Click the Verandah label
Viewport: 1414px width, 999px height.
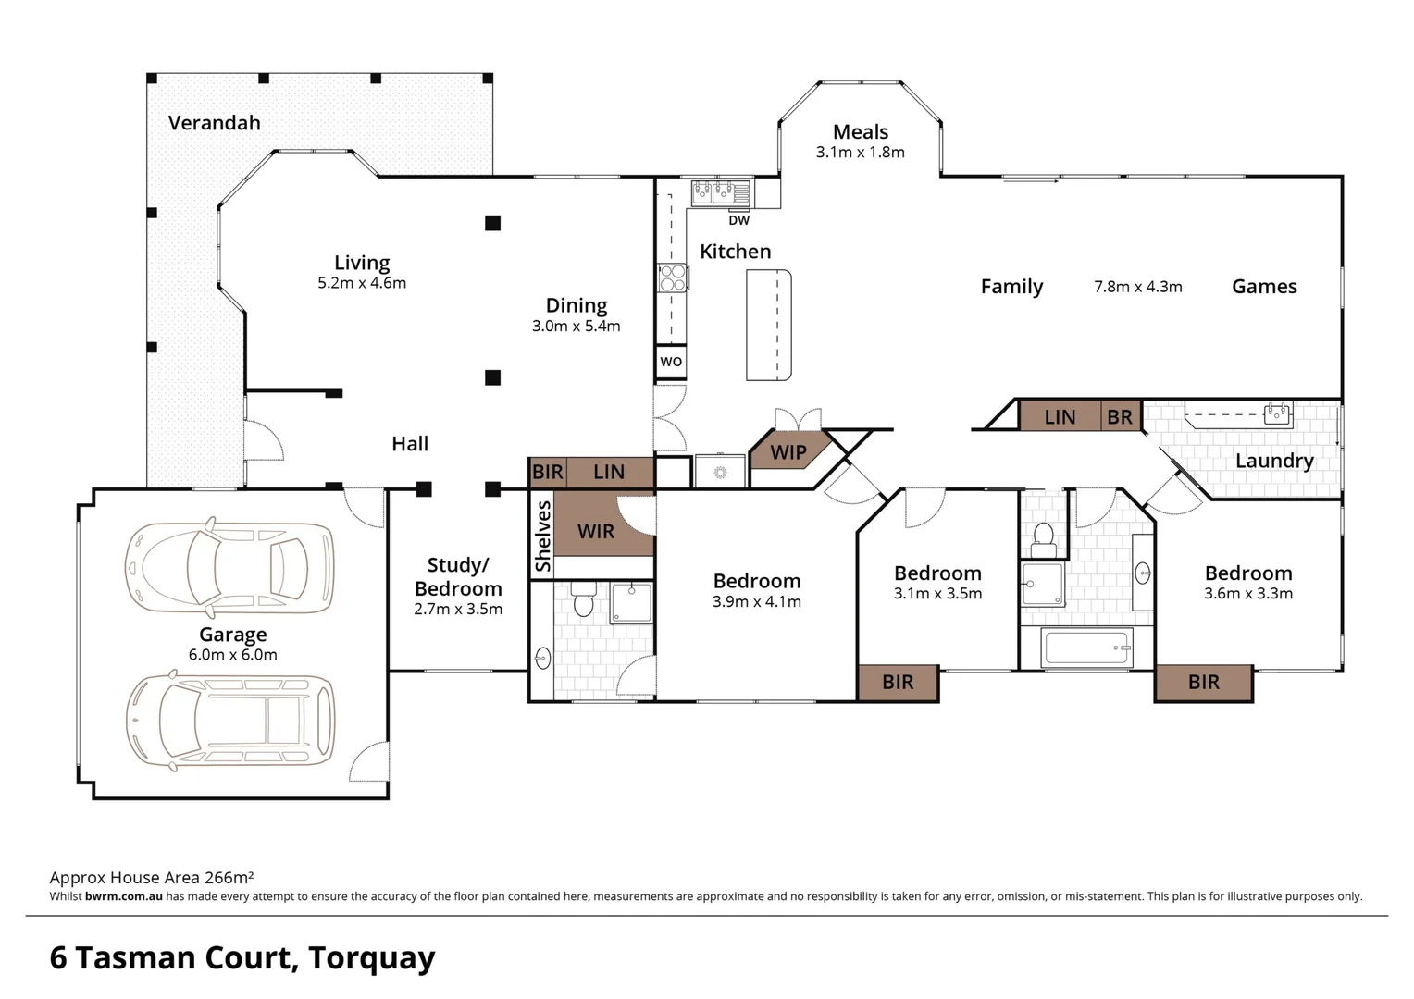click(x=214, y=123)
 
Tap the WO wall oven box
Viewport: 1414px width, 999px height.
click(x=671, y=362)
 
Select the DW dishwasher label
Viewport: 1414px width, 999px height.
click(x=738, y=220)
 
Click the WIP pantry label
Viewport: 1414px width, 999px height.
click(x=788, y=452)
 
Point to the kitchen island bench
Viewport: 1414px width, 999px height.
click(x=769, y=325)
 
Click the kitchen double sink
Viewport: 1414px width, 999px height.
click(x=721, y=192)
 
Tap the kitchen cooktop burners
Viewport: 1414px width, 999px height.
click(x=672, y=277)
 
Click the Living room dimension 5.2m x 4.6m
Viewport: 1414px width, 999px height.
click(x=362, y=283)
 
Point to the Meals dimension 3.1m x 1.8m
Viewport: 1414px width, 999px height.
click(x=860, y=153)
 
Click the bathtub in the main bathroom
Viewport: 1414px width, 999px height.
click(x=1086, y=648)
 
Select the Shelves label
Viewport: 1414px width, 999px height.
click(x=542, y=536)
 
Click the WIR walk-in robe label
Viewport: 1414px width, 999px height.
click(x=595, y=531)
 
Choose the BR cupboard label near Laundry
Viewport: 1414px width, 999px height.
click(x=1119, y=417)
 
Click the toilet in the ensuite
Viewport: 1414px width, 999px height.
click(x=583, y=600)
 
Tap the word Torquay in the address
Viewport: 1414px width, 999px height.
click(x=371, y=957)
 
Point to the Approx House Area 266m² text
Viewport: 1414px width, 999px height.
click(x=152, y=878)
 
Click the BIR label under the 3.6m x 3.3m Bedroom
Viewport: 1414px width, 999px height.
click(x=1203, y=683)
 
